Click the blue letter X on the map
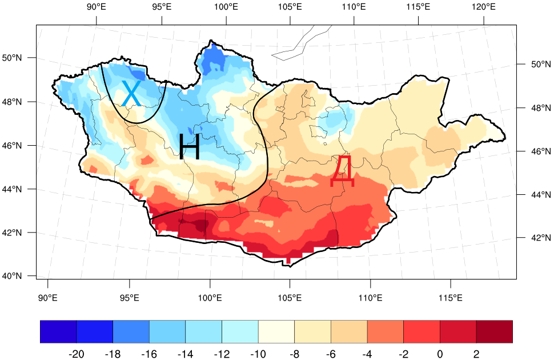tap(131, 94)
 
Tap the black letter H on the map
tap(189, 147)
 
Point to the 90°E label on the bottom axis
tap(47, 298)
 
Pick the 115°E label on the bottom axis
tap(451, 298)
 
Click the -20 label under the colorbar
tap(76, 354)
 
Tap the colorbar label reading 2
tap(476, 354)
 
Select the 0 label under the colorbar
tap(440, 354)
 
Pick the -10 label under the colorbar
tap(258, 354)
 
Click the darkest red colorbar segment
tap(494, 332)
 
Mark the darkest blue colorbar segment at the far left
tap(58, 332)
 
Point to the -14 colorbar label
tap(185, 354)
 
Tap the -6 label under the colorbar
tap(331, 354)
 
